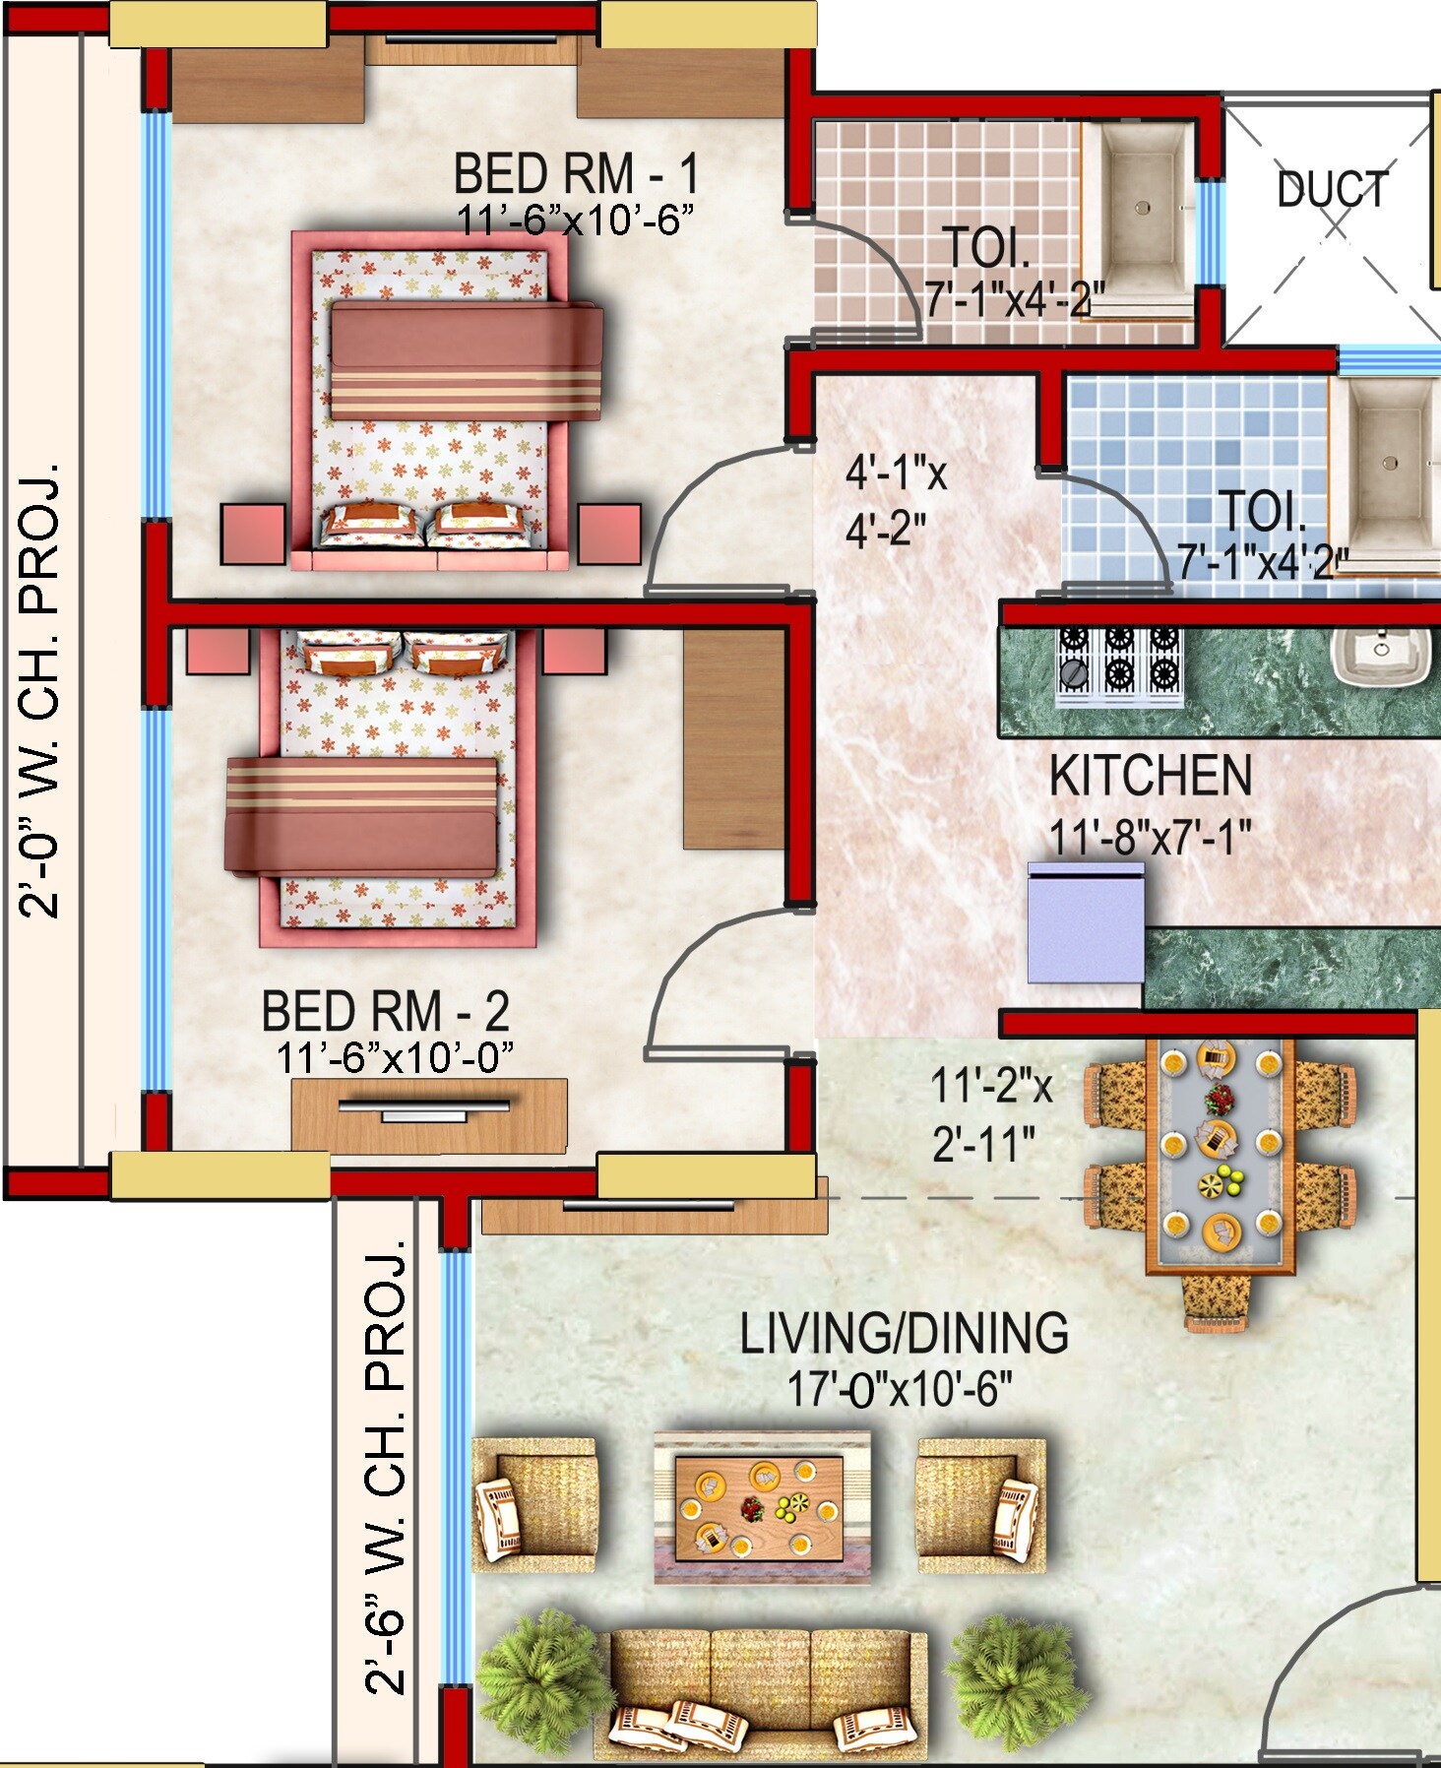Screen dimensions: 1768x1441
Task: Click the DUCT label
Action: (x=1332, y=190)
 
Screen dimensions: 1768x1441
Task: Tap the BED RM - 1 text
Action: (x=576, y=174)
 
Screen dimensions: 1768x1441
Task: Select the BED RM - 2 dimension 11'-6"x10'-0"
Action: (x=395, y=1058)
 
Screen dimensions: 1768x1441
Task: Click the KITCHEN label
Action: (x=1150, y=776)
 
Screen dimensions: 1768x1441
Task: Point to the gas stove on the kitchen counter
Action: (x=1119, y=665)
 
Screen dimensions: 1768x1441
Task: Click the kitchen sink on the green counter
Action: (x=1380, y=654)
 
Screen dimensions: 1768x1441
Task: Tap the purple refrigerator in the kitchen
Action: (x=1086, y=922)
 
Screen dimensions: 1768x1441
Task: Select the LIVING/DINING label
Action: (x=904, y=1333)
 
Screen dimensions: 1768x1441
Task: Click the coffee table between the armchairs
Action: (x=762, y=1507)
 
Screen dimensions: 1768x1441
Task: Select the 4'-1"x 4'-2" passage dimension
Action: (x=894, y=501)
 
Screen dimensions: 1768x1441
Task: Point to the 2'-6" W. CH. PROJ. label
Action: (x=386, y=1467)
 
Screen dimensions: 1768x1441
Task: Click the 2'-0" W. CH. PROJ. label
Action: (x=40, y=689)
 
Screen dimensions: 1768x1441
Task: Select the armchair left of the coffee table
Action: (x=534, y=1504)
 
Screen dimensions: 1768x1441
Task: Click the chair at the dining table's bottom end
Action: (x=1219, y=1302)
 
